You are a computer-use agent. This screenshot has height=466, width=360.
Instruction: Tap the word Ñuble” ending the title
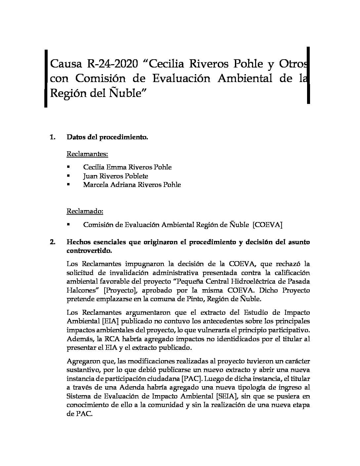[x=128, y=93]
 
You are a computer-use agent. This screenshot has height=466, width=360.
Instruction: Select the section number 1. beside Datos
[x=53, y=137]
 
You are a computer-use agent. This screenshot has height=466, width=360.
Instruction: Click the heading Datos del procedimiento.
[x=107, y=137]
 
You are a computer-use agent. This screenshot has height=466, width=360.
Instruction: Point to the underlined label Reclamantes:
[x=87, y=154]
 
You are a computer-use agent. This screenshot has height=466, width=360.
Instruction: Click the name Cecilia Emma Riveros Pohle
[x=127, y=167]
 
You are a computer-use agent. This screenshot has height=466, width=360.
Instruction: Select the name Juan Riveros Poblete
[x=115, y=176]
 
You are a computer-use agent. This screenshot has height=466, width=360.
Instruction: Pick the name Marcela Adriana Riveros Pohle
[x=132, y=185]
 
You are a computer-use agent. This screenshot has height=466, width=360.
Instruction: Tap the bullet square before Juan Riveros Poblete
[x=68, y=176]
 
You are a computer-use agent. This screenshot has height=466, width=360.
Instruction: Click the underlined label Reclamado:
[x=85, y=211]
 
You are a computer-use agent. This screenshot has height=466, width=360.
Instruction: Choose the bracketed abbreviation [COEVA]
[x=267, y=225]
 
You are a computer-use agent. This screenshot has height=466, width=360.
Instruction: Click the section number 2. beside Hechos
[x=53, y=242]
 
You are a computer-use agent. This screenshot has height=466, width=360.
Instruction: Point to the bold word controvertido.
[x=89, y=251]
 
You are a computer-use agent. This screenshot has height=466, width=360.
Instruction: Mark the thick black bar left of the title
[x=46, y=79]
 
